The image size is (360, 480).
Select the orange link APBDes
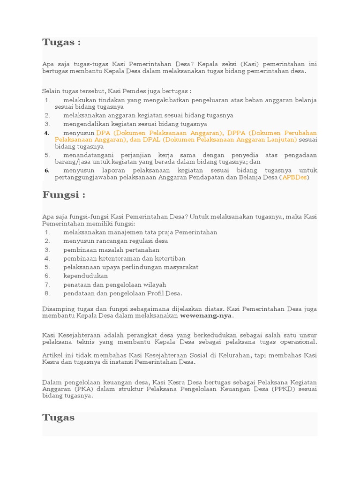coord(294,178)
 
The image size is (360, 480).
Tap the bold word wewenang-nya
coord(206,315)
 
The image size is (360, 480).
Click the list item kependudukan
coord(86,276)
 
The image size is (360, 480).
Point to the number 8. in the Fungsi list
coord(47,293)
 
